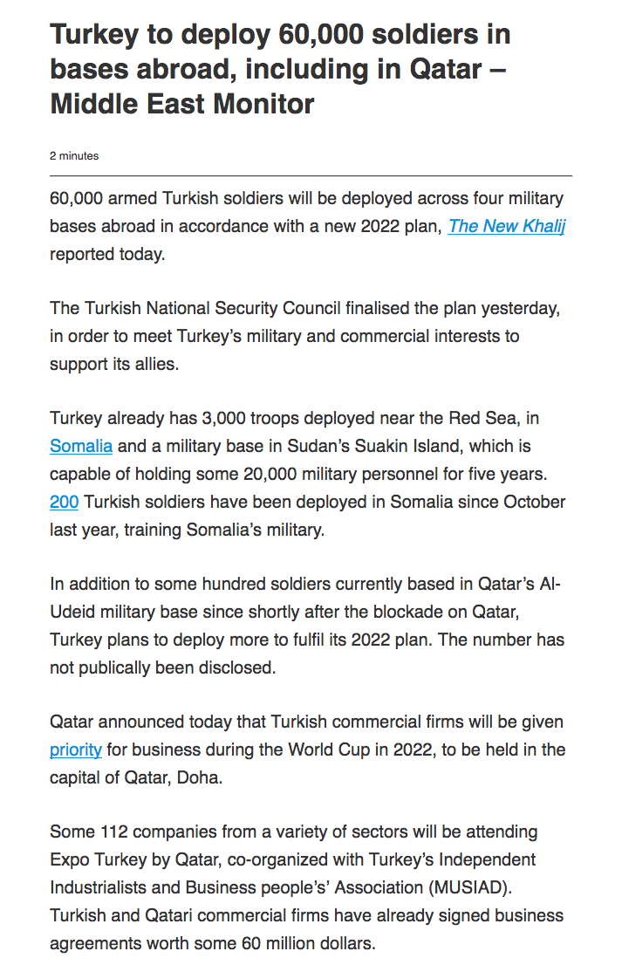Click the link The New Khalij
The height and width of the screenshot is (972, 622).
(x=506, y=226)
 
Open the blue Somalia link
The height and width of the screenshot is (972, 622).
(x=81, y=446)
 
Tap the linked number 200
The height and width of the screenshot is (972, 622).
(x=65, y=502)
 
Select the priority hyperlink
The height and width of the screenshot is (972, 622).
(x=76, y=749)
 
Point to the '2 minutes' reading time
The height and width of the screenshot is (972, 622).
(x=74, y=156)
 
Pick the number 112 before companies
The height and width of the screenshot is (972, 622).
(x=113, y=832)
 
